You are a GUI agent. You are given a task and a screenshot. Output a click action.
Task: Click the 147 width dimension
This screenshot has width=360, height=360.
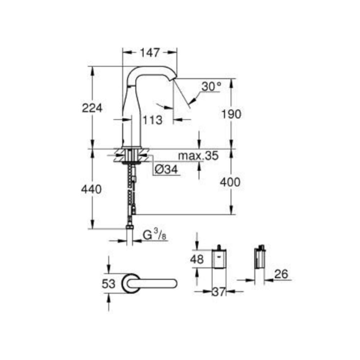(x=149, y=53)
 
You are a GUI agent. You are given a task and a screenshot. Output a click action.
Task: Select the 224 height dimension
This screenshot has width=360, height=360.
(x=92, y=108)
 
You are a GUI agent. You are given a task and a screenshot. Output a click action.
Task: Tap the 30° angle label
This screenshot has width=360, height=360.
(x=211, y=86)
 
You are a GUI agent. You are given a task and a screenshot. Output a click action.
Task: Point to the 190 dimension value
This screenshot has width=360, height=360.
(x=231, y=114)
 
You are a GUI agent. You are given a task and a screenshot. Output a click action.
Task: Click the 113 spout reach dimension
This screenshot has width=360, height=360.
(x=152, y=120)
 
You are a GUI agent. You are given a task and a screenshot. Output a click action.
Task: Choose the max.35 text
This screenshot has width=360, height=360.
(x=198, y=156)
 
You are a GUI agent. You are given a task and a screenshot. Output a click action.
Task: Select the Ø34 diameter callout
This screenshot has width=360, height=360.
(x=166, y=170)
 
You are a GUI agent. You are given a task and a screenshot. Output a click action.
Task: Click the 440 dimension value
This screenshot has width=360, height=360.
(x=91, y=190)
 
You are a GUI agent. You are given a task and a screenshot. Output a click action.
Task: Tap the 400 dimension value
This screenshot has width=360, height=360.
(x=230, y=182)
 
